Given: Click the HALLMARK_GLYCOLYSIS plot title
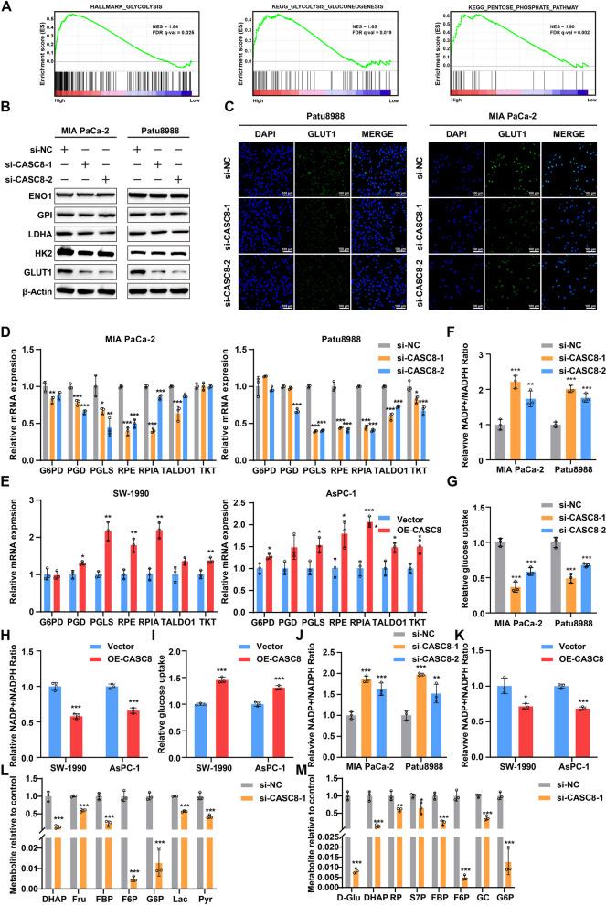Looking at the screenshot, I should [120, 8].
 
